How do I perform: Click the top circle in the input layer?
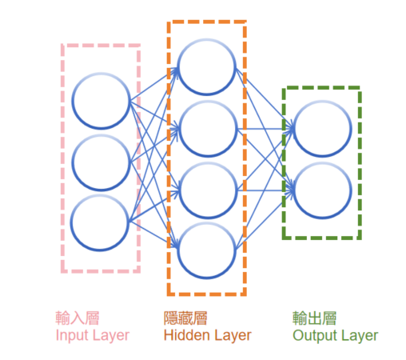(101, 73)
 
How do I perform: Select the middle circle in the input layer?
(101, 135)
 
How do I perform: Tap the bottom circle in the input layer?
(100, 195)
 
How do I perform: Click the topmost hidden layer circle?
(207, 39)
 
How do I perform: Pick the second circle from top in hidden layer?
(208, 102)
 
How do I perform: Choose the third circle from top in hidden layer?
(208, 163)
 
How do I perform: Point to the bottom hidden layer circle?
(207, 223)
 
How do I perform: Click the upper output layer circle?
(322, 102)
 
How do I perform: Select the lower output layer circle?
(322, 163)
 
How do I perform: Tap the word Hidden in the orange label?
(185, 335)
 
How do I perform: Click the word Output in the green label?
(315, 336)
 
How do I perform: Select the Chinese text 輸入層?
(78, 318)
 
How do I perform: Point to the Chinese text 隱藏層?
(185, 318)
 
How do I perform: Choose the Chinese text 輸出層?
(314, 318)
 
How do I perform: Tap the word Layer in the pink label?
(111, 336)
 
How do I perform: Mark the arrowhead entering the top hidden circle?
(175, 70)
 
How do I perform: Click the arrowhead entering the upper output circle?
(290, 129)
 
